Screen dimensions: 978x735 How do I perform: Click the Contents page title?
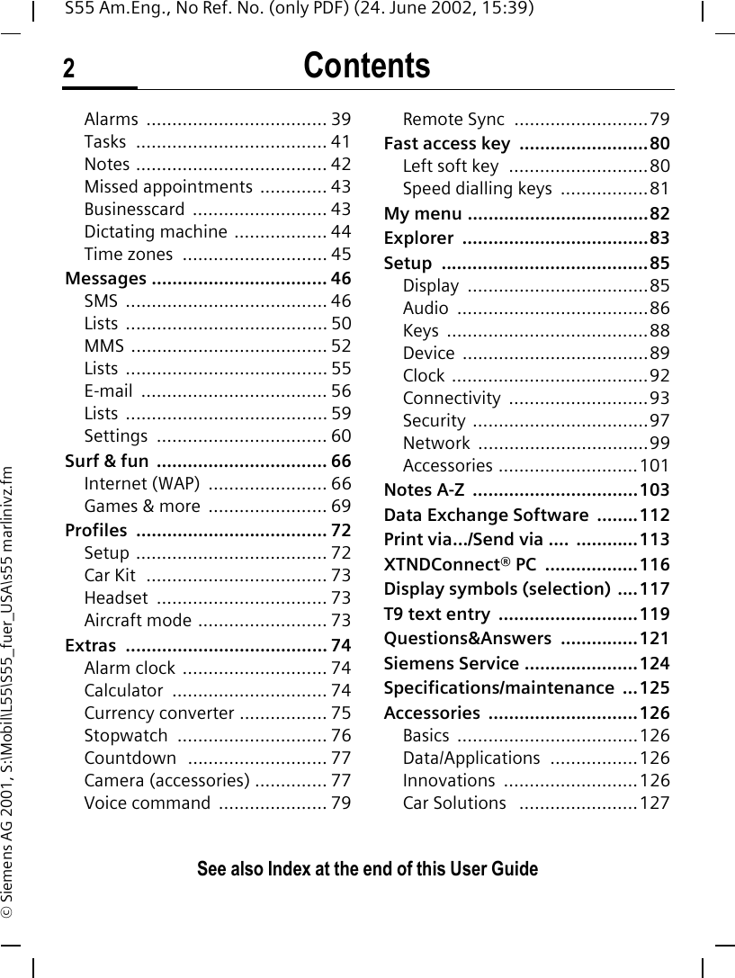pos(366,67)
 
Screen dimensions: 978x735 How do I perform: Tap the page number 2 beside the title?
pos(69,70)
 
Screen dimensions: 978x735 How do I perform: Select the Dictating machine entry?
pos(155,232)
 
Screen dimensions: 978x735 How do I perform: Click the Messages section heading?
pos(106,278)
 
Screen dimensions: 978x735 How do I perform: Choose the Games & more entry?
pos(142,507)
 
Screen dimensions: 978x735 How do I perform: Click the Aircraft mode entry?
pos(137,620)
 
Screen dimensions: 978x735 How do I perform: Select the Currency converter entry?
pos(159,713)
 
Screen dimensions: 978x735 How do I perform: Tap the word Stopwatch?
pos(126,736)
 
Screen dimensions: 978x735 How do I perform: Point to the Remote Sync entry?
pos(453,120)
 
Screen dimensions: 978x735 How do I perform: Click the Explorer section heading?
pos(418,238)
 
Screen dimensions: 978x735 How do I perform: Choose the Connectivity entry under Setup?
pos(452,398)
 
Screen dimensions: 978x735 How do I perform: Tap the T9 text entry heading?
pos(437,615)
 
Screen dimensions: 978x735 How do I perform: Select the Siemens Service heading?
pos(450,664)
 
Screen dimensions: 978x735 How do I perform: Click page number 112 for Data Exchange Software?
pos(655,516)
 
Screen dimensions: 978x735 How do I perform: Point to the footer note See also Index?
pos(367,869)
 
